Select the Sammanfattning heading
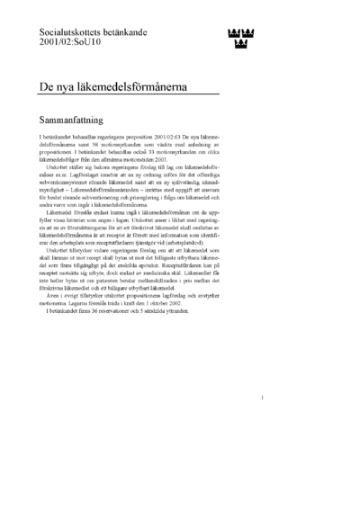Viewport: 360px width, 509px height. [79, 120]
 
